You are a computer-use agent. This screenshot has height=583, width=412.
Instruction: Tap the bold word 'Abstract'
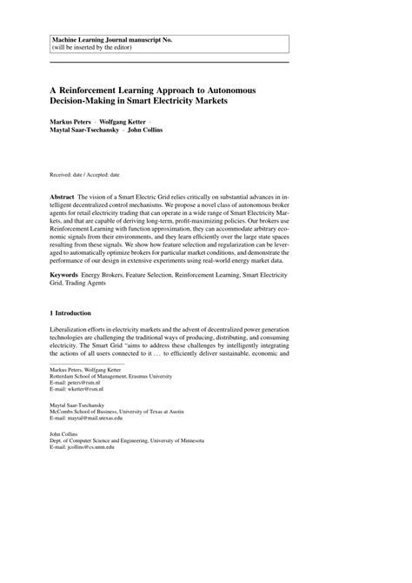click(63, 198)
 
